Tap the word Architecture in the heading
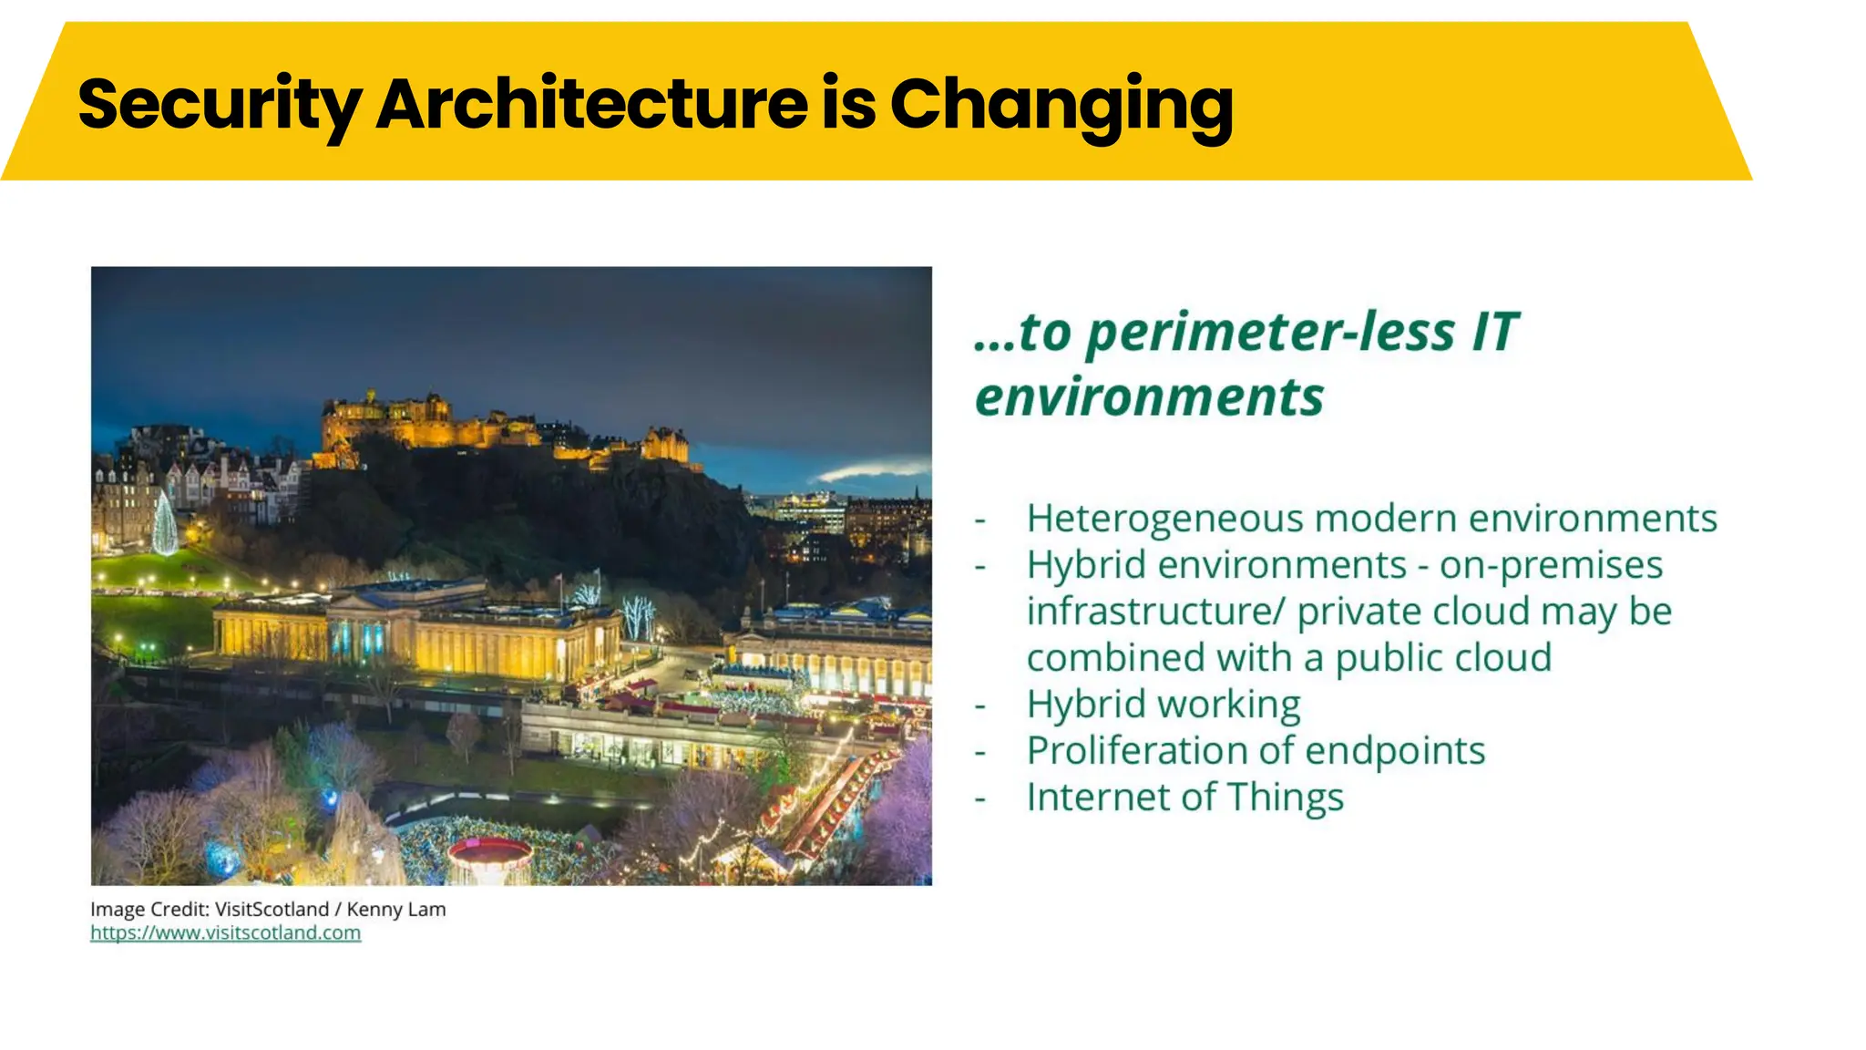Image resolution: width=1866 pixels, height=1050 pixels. coord(591,104)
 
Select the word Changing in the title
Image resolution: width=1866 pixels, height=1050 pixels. coord(1061,104)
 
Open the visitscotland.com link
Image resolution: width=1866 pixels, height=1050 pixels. coord(225,932)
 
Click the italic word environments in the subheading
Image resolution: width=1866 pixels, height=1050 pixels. coord(1149,396)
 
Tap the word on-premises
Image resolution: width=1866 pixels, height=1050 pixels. coord(1551,565)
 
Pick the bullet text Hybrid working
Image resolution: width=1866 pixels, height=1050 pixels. coord(1164,705)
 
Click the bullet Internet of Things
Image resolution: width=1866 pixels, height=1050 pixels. coord(1184,798)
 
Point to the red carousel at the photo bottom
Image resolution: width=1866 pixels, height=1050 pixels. coord(489,857)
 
